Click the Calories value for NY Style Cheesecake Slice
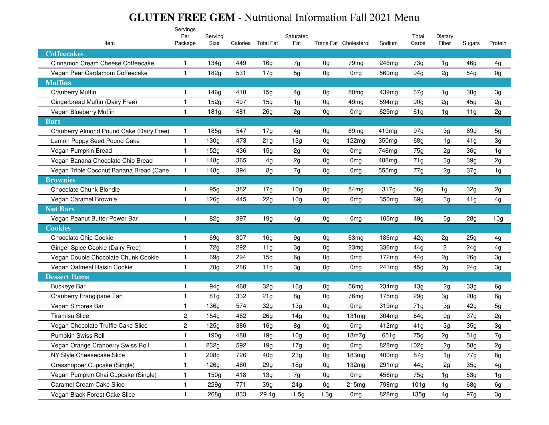241,355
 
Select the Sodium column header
388,43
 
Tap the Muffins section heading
58,83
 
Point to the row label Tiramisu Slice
70,316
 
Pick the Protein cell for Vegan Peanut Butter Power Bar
498,219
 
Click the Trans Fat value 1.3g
326,395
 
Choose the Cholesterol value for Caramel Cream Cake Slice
356,385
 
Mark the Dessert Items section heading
67,277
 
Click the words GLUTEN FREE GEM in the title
182,17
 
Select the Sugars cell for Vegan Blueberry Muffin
471,112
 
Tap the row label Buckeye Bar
68,286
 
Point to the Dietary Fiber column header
444,40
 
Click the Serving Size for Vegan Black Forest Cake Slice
214,395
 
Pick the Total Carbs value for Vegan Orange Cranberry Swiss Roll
418,345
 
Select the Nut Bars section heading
60,209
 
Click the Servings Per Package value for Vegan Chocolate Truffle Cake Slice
185,326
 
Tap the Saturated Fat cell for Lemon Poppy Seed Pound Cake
297,141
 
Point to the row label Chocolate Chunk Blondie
85,190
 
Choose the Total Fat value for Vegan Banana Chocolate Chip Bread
269,161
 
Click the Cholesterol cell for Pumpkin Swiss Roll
356,336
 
